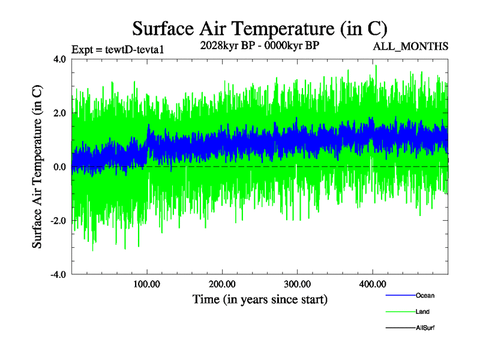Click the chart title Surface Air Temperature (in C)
pyautogui.click(x=259, y=29)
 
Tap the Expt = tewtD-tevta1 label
pyautogui.click(x=117, y=49)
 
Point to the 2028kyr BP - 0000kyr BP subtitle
pyautogui.click(x=260, y=46)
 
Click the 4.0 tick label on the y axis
pyautogui.click(x=59, y=59)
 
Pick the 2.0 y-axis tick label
pyautogui.click(x=59, y=113)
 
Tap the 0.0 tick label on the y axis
pyautogui.click(x=59, y=167)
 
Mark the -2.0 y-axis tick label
pyautogui.click(x=58, y=221)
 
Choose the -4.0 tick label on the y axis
pyautogui.click(x=58, y=275)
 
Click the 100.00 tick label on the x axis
pyautogui.click(x=147, y=284)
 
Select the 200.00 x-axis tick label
pyautogui.click(x=222, y=284)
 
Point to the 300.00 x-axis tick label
pyautogui.click(x=297, y=284)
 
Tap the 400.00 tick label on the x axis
pyautogui.click(x=372, y=284)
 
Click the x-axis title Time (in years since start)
pyautogui.click(x=260, y=299)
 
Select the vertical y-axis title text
pyautogui.click(x=37, y=167)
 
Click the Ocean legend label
pyautogui.click(x=425, y=295)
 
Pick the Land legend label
pyautogui.click(x=422, y=311)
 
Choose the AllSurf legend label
pyautogui.click(x=425, y=328)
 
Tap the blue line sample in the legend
pyautogui.click(x=400, y=295)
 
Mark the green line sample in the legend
pyautogui.click(x=400, y=311)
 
